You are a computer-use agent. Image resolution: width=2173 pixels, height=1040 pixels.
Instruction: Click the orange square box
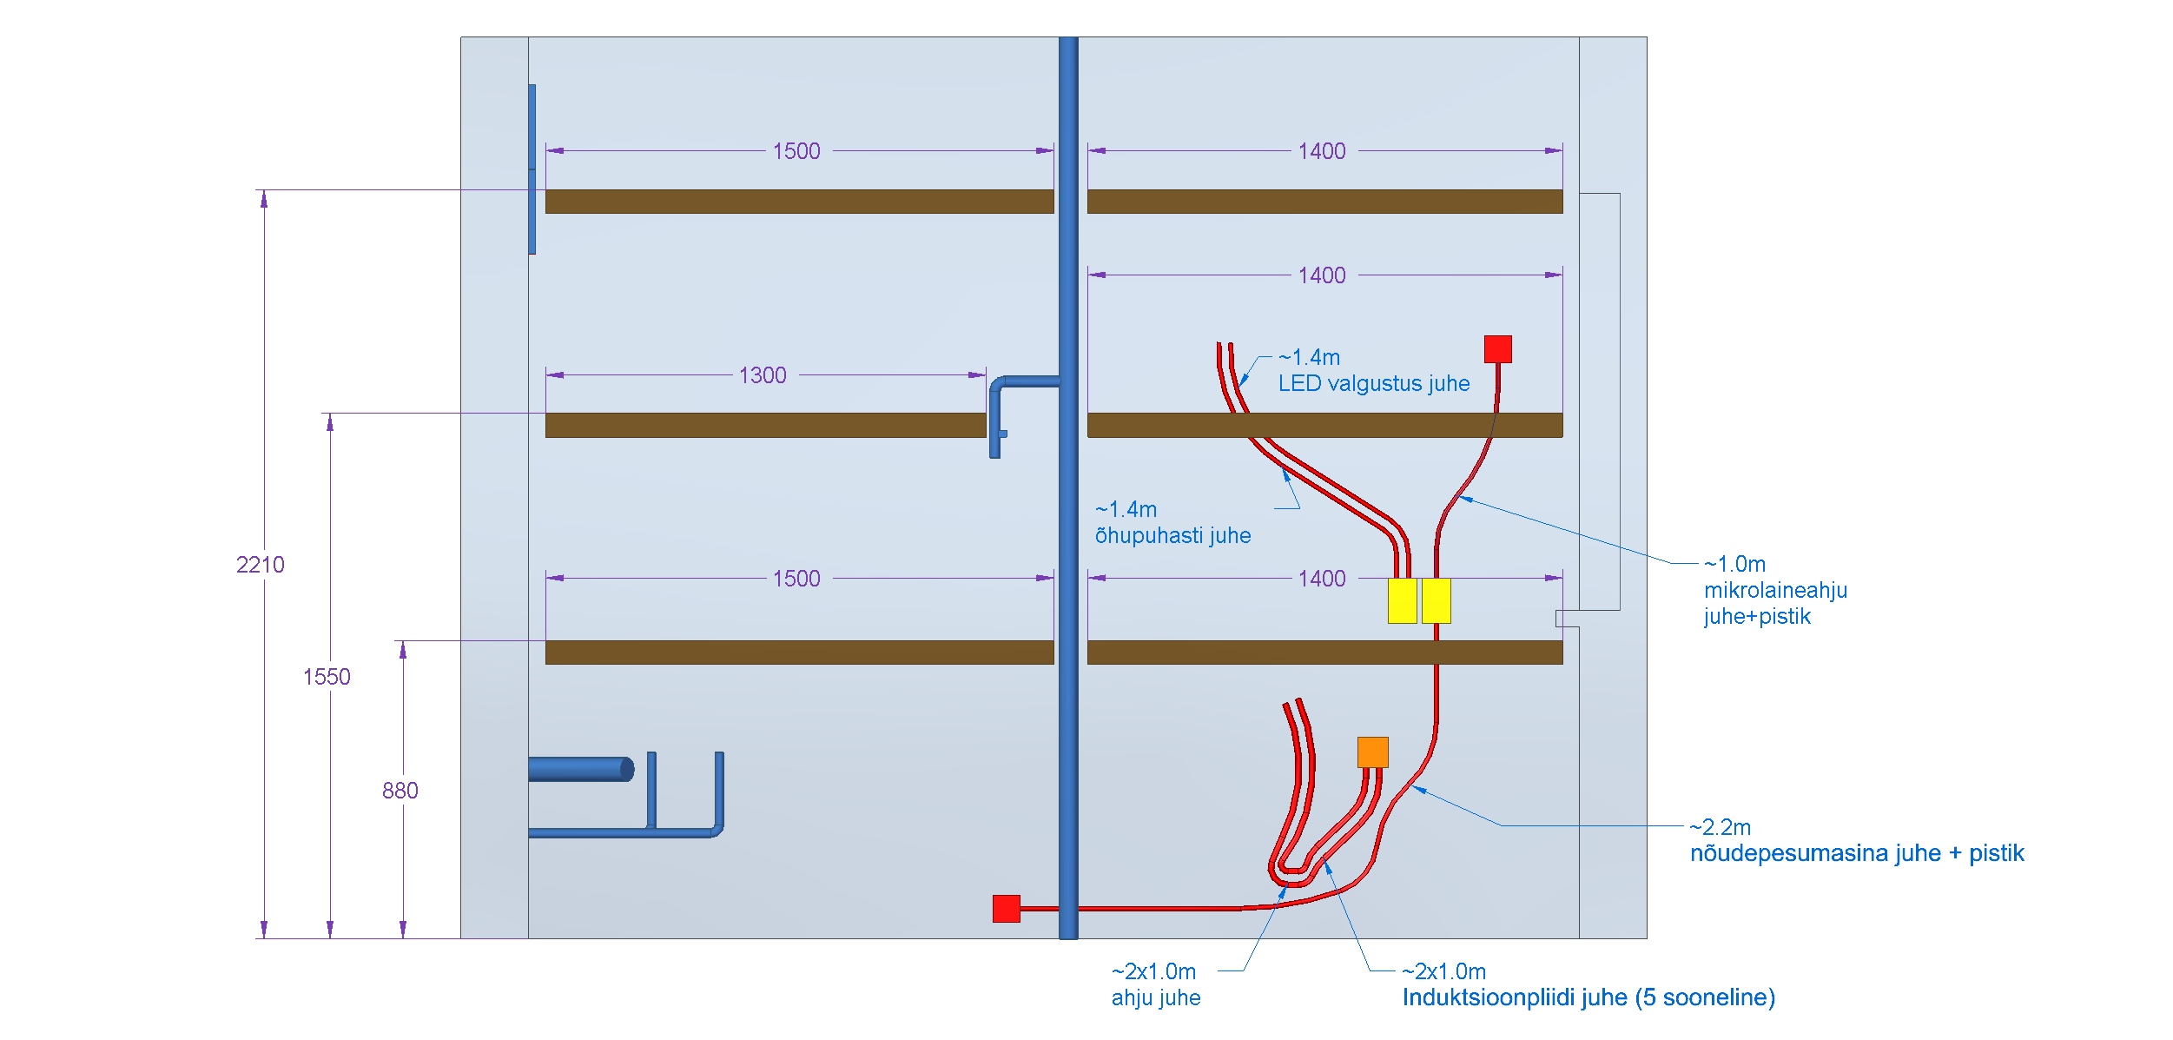[x=1372, y=752]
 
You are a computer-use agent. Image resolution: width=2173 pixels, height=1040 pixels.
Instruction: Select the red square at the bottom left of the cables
[x=1006, y=908]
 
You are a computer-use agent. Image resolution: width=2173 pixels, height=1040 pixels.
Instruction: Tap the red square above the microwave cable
[x=1497, y=349]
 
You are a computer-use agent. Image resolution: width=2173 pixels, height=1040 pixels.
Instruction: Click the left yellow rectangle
[x=1402, y=600]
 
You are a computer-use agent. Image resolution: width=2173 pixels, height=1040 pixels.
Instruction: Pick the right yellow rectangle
[x=1436, y=600]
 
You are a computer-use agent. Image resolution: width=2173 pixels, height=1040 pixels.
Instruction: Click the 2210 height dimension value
[x=260, y=565]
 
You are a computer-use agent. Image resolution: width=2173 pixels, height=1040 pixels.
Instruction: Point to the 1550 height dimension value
[x=326, y=677]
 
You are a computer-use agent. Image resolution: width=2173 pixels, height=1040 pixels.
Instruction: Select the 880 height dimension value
[x=400, y=791]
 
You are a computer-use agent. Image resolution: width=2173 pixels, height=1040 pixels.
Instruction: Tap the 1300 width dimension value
[x=762, y=375]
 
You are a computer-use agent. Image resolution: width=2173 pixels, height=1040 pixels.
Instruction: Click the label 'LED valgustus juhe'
[x=1373, y=383]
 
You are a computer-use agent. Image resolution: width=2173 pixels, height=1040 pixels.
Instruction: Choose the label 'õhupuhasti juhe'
[x=1172, y=535]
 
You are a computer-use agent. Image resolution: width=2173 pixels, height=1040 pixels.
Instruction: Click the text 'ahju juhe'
[x=1155, y=997]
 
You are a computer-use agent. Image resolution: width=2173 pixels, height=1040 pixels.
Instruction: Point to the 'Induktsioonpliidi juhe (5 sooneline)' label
[x=1588, y=997]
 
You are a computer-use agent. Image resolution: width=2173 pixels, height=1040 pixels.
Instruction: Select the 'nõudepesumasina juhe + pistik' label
[x=1856, y=853]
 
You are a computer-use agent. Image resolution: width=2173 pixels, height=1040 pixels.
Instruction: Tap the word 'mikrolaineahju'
[x=1775, y=590]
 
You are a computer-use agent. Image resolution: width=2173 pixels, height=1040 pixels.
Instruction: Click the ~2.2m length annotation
[x=1720, y=827]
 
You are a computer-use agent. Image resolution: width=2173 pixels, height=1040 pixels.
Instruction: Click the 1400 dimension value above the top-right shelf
[x=1321, y=151]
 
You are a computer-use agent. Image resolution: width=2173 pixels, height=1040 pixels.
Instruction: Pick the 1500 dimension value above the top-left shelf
[x=796, y=151]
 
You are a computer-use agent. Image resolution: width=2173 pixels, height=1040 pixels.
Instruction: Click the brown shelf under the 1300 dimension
[x=764, y=425]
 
